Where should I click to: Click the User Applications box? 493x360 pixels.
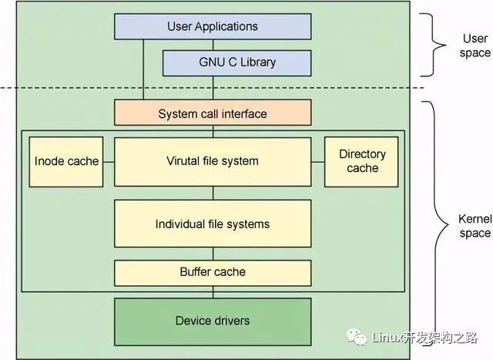(213, 26)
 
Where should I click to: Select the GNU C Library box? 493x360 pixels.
(237, 63)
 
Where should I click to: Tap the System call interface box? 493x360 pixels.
(213, 113)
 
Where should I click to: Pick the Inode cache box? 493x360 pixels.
(66, 162)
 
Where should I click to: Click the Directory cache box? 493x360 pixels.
(361, 162)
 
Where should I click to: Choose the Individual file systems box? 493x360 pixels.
(213, 224)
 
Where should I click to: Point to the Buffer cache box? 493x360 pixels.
(213, 273)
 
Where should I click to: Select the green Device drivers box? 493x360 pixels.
(213, 321)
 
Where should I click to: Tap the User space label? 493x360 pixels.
(475, 45)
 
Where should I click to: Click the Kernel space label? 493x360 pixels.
(475, 226)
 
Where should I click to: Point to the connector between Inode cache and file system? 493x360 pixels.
(109, 162)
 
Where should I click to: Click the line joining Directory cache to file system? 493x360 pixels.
(318, 162)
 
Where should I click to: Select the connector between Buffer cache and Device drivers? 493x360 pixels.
(213, 292)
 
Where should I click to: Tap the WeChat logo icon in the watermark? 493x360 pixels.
(357, 337)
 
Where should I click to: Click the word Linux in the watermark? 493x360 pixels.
(387, 338)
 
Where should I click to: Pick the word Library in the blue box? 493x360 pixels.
(258, 62)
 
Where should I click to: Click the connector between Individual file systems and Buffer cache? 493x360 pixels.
(213, 254)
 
